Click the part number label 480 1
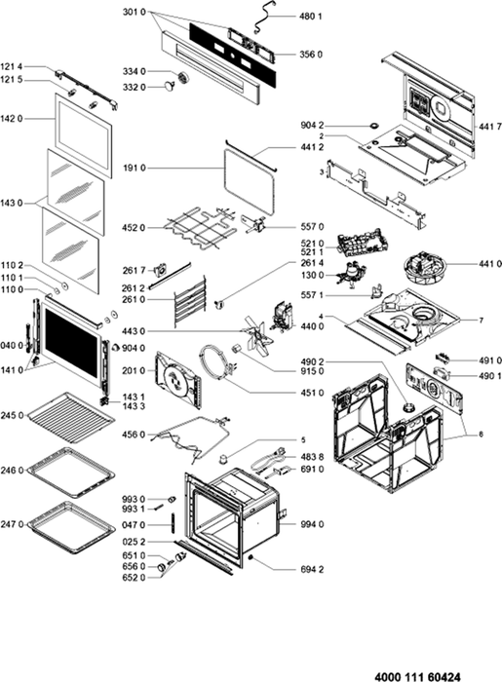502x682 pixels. coord(311,17)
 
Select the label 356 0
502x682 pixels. coord(311,55)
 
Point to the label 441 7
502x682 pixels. coord(490,127)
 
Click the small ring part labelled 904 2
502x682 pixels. coord(373,126)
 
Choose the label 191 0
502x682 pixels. coord(135,168)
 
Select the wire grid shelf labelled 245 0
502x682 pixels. coord(70,418)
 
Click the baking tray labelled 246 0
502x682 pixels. coord(71,472)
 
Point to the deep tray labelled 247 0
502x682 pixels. coord(71,527)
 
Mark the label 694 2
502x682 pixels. coord(312,569)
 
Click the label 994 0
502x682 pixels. coord(312,524)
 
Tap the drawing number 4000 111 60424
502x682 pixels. coord(417,677)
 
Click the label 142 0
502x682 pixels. coord(12,118)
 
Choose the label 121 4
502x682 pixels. coord(12,66)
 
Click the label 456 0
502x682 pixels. coord(134,435)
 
